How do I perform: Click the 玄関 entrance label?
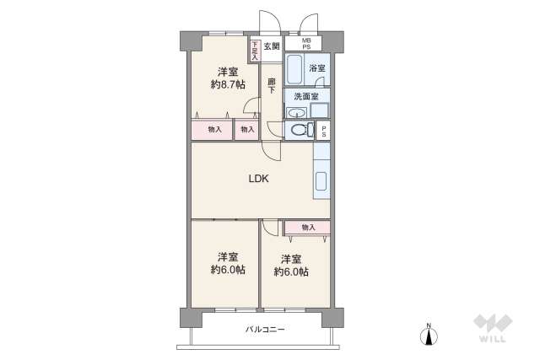coord(271,46)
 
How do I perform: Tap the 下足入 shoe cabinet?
coord(253,51)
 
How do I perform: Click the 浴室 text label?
coord(316,67)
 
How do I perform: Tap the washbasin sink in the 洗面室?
coord(295,112)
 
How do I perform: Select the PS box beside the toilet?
coord(323,130)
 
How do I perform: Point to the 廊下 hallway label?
coord(271,86)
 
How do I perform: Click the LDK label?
coord(258,178)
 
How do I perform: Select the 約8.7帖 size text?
coord(228,85)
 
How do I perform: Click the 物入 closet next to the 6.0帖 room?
coord(307,227)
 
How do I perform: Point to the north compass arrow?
coord(429,335)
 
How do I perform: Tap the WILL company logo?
coord(492,329)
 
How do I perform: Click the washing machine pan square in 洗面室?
coord(319,110)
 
